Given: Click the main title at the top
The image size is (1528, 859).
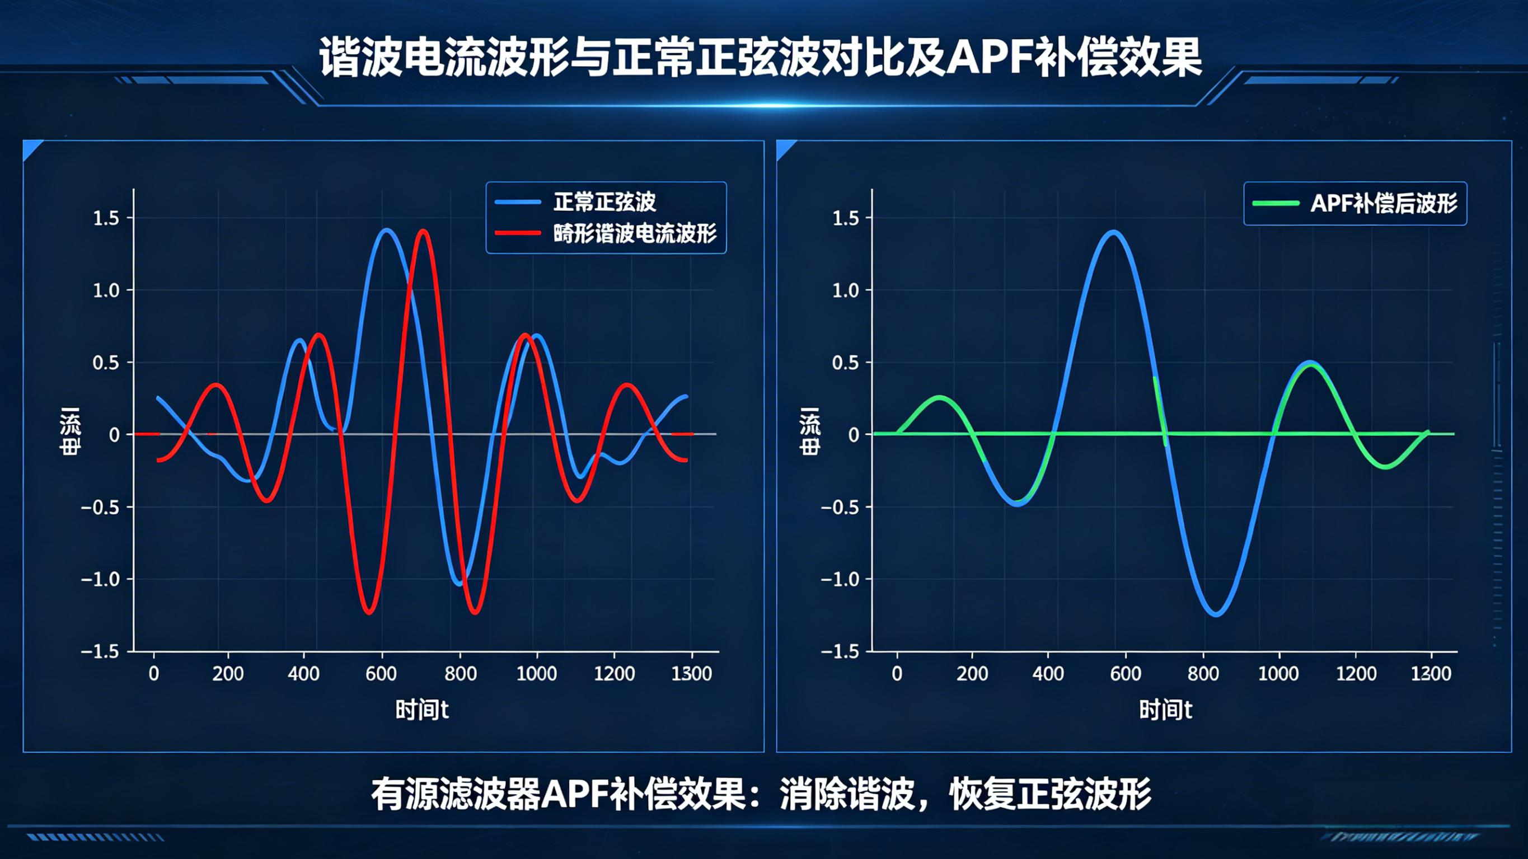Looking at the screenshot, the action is (x=761, y=57).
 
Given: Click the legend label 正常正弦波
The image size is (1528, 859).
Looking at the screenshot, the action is (x=604, y=202).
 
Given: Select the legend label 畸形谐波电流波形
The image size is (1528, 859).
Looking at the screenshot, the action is (x=635, y=234).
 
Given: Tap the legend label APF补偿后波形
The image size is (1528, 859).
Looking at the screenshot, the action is (x=1383, y=204).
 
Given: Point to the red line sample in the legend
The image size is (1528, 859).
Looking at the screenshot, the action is (x=518, y=233).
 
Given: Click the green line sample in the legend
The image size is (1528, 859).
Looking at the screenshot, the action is (x=1276, y=203).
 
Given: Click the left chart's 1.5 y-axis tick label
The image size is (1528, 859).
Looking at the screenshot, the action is (x=106, y=218).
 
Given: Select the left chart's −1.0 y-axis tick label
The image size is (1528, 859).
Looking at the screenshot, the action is (x=100, y=579).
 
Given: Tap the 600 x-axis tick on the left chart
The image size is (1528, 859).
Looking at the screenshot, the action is (x=381, y=673).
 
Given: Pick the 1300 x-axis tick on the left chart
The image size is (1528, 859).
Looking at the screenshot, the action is (x=692, y=673).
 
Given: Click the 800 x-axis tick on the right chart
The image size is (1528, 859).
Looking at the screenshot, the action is (x=1203, y=673).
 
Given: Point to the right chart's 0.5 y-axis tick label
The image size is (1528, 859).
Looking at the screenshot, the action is (x=846, y=363).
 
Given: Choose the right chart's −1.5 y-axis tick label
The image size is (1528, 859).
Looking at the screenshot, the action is (x=840, y=651).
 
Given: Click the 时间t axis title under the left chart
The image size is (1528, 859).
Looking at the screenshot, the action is (x=422, y=710).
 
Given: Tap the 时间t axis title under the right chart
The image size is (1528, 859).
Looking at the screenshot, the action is (x=1165, y=710).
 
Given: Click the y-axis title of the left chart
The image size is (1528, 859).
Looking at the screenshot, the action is (x=70, y=432).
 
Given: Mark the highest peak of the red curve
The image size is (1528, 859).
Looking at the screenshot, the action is (x=423, y=231).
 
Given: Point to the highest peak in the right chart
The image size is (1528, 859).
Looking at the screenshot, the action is (x=1113, y=232).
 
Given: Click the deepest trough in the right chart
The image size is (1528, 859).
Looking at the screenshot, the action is (x=1216, y=614).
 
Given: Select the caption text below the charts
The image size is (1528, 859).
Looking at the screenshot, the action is (x=761, y=794).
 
